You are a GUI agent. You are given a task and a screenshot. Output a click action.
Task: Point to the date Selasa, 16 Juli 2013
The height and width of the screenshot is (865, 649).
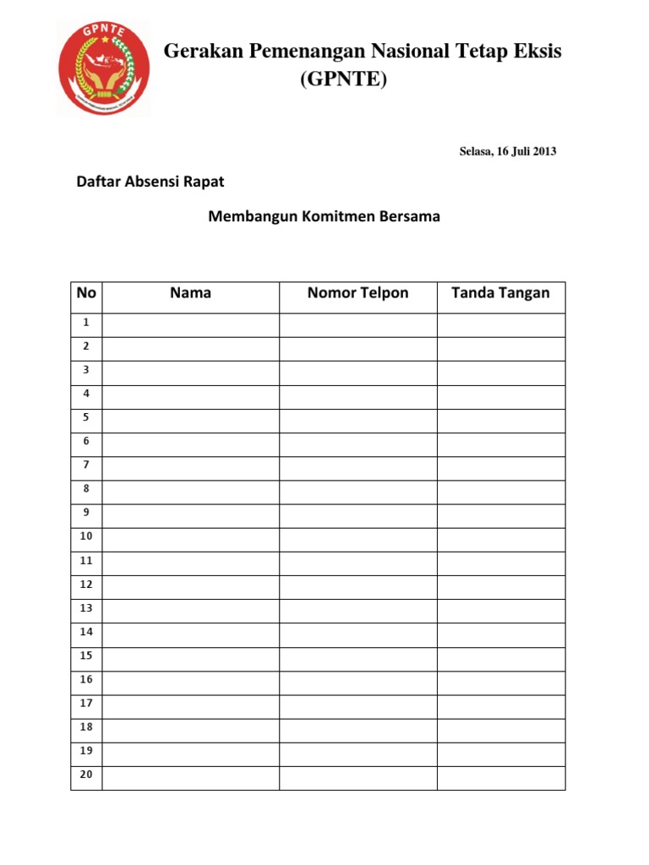[x=508, y=152]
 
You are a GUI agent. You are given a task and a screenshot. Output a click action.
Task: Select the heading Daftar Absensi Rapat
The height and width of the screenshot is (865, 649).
[x=150, y=181]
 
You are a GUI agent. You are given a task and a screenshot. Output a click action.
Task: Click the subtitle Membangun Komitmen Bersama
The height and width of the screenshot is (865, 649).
[x=324, y=216]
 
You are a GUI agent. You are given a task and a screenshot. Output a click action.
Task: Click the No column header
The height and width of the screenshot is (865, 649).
[x=86, y=293]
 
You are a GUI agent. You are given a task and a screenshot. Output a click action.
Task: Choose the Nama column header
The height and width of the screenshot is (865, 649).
[x=190, y=293]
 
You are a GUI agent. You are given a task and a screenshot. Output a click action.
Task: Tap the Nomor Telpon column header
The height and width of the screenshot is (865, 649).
[x=357, y=293]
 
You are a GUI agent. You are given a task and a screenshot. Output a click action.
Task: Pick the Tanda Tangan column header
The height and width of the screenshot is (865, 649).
[x=500, y=293]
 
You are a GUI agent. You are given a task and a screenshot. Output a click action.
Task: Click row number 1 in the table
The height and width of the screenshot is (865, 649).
[x=86, y=322]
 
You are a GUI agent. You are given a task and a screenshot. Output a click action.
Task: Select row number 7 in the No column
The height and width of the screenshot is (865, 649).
[x=86, y=465]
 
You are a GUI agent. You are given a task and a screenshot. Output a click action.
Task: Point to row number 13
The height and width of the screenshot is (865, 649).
[x=86, y=607]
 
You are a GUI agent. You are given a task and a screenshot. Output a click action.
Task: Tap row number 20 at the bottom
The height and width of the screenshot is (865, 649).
[x=86, y=775]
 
